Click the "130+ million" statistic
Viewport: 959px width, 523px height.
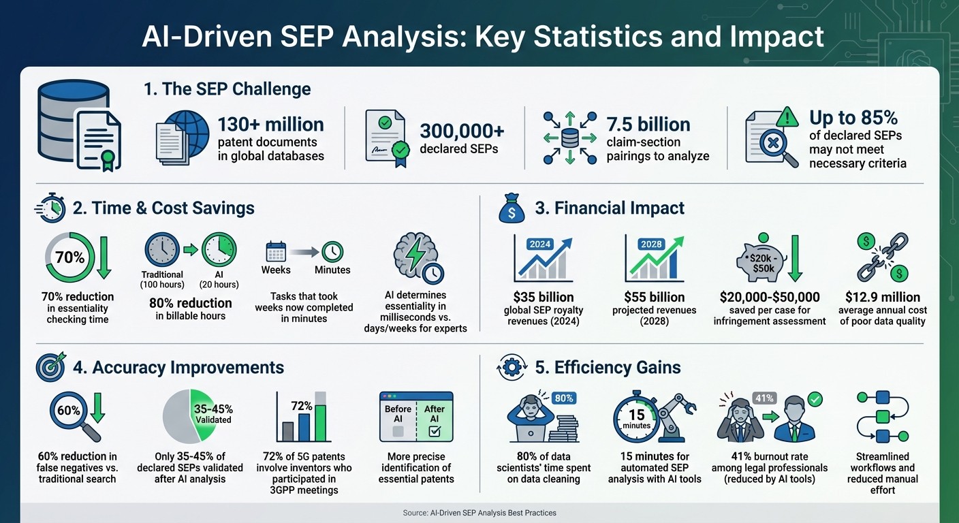tap(270, 125)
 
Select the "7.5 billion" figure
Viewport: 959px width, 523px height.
tap(648, 125)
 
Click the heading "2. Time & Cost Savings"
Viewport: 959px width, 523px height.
tap(163, 208)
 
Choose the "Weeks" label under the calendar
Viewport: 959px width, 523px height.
tap(276, 270)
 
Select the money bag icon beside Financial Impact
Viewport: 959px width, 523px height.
tap(512, 208)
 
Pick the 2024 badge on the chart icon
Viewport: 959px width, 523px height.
tap(539, 243)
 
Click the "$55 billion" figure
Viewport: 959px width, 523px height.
tap(654, 297)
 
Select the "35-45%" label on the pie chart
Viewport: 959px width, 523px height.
tap(214, 409)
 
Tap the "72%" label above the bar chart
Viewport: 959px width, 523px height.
tap(301, 406)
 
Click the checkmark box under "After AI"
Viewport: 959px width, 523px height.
tap(434, 430)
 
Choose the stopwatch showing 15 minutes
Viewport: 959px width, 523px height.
tap(638, 417)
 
